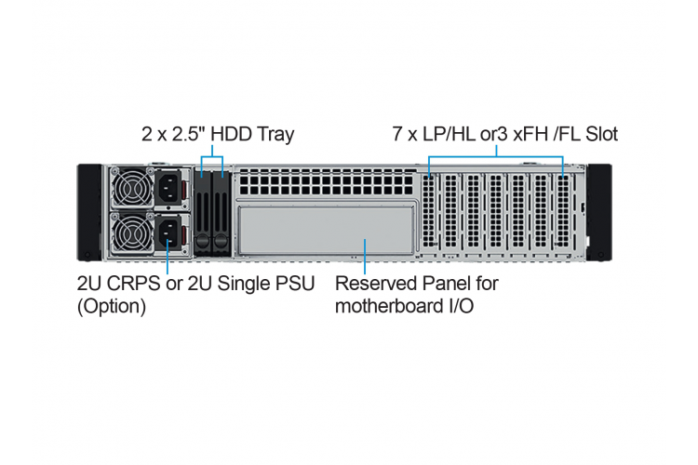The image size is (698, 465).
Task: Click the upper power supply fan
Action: (132, 188)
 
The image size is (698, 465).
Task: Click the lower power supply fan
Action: (132, 233)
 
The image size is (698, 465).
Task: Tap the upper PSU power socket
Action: (168, 187)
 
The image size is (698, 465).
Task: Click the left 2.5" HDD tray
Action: (203, 213)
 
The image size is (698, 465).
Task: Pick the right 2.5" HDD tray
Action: (221, 213)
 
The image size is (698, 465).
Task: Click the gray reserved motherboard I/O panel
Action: (326, 230)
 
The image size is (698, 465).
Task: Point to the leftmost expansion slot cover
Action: (429, 211)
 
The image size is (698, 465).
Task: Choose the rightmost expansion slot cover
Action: (563, 211)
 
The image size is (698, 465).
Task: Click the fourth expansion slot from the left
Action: (495, 211)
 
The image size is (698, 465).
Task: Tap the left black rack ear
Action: (89, 212)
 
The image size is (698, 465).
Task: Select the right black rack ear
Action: (599, 212)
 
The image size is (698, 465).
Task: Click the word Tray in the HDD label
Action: (275, 134)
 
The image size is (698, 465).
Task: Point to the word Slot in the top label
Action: (601, 134)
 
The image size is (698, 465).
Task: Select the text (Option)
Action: (112, 307)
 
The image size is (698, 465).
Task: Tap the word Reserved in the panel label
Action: (376, 284)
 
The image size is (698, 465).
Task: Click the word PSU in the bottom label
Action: (296, 284)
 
